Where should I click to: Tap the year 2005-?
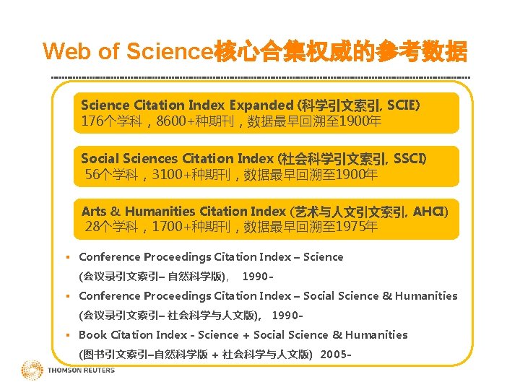click(x=336, y=355)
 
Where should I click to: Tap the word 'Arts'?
click(x=94, y=212)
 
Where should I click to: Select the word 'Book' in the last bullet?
click(x=92, y=335)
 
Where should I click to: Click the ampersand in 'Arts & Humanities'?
click(x=116, y=212)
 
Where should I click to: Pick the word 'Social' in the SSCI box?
click(x=99, y=158)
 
